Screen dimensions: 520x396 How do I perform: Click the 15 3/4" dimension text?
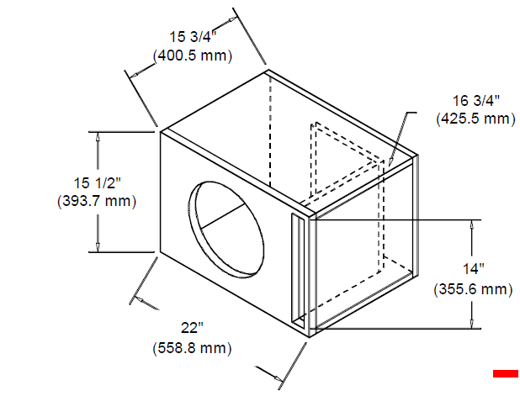pyautogui.click(x=193, y=36)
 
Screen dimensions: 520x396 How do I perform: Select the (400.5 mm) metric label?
pyautogui.click(x=193, y=55)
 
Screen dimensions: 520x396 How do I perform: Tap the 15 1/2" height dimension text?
pyautogui.click(x=97, y=183)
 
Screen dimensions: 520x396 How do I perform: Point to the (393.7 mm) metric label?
pyautogui.click(x=97, y=201)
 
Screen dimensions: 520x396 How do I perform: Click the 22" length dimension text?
pyautogui.click(x=192, y=328)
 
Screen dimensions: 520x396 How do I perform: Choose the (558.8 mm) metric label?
pyautogui.click(x=192, y=348)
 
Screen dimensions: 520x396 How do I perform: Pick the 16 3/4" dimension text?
pyautogui.click(x=476, y=100)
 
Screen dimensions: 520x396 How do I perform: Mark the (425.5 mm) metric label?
pyautogui.click(x=476, y=119)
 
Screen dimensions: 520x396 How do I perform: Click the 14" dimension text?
pyautogui.click(x=474, y=269)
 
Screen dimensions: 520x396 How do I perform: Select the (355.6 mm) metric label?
pyautogui.click(x=473, y=289)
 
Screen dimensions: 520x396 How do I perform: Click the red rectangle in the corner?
pyautogui.click(x=506, y=373)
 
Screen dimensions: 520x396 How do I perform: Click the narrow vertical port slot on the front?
pyautogui.click(x=298, y=270)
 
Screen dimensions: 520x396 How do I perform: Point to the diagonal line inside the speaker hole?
pyautogui.click(x=223, y=216)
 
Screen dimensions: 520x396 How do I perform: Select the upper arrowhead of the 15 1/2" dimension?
pyautogui.click(x=98, y=137)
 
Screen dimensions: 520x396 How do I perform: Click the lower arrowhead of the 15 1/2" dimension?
pyautogui.click(x=98, y=247)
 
